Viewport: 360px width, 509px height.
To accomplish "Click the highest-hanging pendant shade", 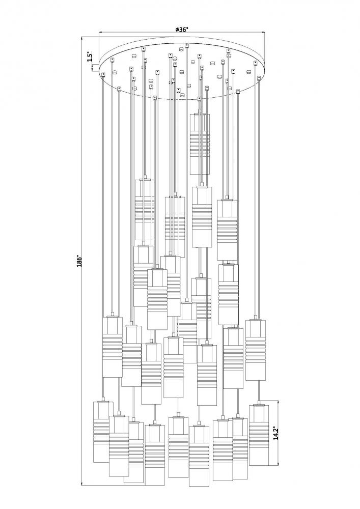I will pos(200,144).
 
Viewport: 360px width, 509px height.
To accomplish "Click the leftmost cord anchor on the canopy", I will pos(103,75).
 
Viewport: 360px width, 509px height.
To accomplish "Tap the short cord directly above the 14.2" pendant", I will pos(258,392).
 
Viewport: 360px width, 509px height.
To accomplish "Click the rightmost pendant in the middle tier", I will pos(255,350).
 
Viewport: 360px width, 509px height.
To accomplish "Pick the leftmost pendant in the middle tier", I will pos(112,347).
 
